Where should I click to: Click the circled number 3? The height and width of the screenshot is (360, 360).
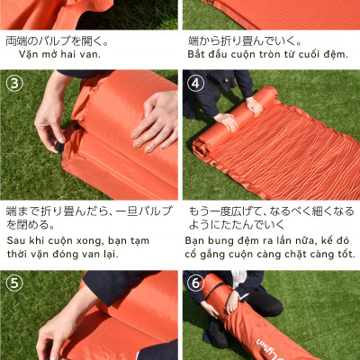(14, 83)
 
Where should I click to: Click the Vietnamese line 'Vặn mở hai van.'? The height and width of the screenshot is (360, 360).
(59, 54)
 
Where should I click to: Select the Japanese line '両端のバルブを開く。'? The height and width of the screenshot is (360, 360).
(58, 40)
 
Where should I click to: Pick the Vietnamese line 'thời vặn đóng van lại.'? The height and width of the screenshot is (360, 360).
(62, 254)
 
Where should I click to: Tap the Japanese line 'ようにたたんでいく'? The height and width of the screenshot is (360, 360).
(247, 224)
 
